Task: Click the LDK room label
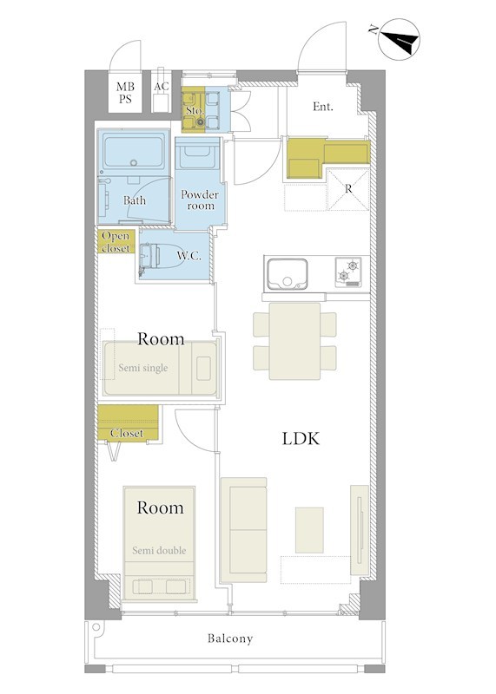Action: pyautogui.click(x=301, y=439)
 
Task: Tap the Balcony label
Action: pyautogui.click(x=230, y=638)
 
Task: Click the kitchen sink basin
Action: pyautogui.click(x=288, y=274)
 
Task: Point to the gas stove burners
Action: pyautogui.click(x=348, y=272)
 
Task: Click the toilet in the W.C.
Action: pyautogui.click(x=158, y=256)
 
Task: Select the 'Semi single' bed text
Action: pyautogui.click(x=143, y=368)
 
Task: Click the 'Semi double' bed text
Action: pyautogui.click(x=159, y=551)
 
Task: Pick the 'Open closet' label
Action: pyautogui.click(x=116, y=242)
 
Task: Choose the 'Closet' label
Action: pyautogui.click(x=127, y=433)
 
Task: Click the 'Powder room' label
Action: pyautogui.click(x=200, y=200)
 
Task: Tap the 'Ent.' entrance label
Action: pyautogui.click(x=323, y=107)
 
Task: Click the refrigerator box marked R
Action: pyautogui.click(x=348, y=189)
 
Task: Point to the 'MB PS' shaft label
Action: pyautogui.click(x=125, y=93)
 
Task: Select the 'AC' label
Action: pyautogui.click(x=162, y=86)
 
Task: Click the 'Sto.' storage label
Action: pyautogui.click(x=195, y=110)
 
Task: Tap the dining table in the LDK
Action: pyautogui.click(x=294, y=341)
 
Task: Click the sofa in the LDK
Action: pyautogui.click(x=244, y=529)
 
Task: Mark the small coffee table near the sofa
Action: pyautogui.click(x=309, y=530)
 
